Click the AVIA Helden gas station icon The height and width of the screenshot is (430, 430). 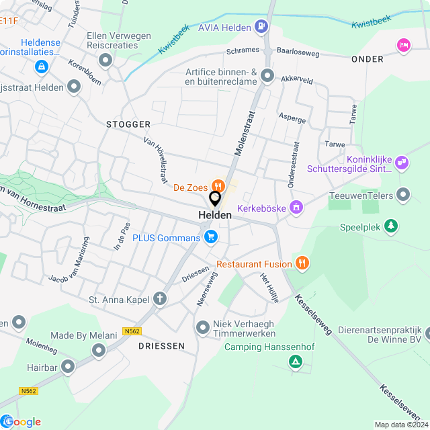click(x=261, y=28)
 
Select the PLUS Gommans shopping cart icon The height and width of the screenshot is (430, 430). click(x=211, y=236)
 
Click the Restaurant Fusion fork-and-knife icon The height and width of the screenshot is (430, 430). click(x=302, y=263)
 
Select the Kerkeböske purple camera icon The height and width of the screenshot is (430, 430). click(x=294, y=208)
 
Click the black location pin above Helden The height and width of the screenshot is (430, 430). click(x=215, y=200)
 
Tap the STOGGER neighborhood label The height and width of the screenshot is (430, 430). click(x=128, y=124)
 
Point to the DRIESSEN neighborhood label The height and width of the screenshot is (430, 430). click(x=161, y=346)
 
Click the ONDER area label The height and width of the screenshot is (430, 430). click(x=368, y=59)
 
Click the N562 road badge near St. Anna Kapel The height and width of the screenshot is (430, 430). click(x=132, y=331)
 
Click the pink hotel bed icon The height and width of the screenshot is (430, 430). click(x=403, y=44)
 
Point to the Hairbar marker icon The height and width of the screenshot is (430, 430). click(x=68, y=366)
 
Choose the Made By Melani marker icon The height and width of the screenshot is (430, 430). click(x=99, y=350)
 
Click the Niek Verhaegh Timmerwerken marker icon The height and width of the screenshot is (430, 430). click(x=202, y=328)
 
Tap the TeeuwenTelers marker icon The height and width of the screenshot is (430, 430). click(x=403, y=195)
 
